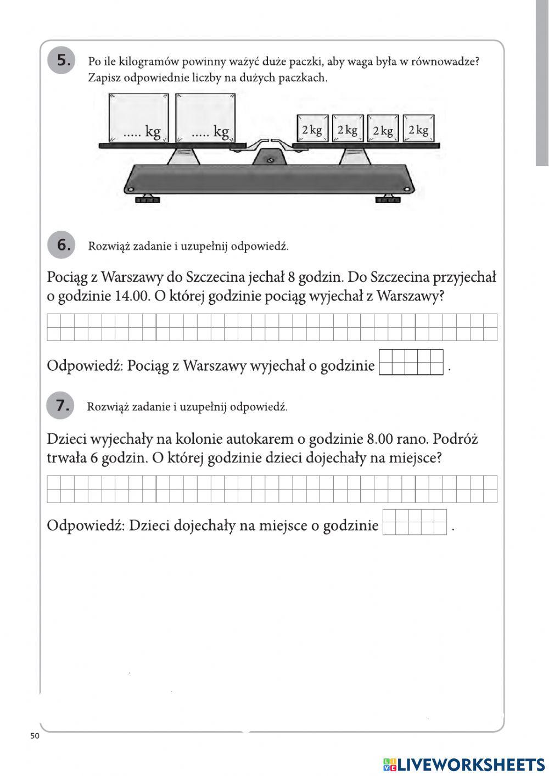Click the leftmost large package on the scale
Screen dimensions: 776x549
pos(139,118)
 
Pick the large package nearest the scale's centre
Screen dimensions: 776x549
pos(205,118)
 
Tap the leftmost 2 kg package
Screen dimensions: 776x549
pos(312,129)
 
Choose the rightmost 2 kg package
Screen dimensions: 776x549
pos(418,129)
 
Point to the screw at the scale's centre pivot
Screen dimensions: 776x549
pos(270,160)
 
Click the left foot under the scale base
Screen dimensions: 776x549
pos(146,199)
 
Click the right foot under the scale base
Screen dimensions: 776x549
pos(388,199)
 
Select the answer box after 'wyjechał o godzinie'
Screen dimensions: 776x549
pos(411,362)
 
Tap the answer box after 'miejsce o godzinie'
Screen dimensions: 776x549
pos(414,522)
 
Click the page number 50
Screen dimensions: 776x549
pos(35,736)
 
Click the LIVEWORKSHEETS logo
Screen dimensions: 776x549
pos(464,764)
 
